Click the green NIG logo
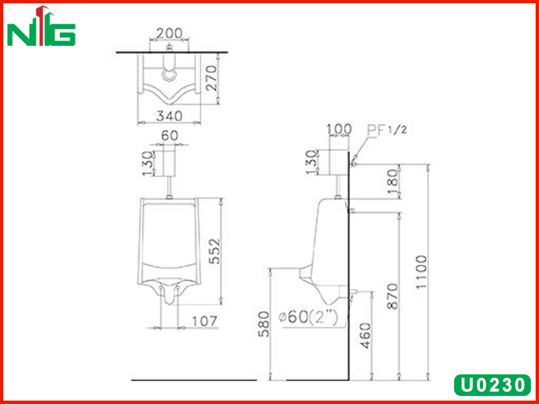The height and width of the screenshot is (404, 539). click(41, 26)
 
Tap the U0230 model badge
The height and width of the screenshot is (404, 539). click(493, 385)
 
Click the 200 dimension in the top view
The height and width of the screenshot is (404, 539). click(169, 33)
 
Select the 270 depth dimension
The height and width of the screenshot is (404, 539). click(212, 78)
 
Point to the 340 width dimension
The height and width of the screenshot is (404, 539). click(169, 116)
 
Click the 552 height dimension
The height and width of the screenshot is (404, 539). click(215, 251)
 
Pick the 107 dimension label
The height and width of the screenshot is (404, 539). click(204, 321)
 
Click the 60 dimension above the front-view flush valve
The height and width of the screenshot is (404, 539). click(170, 136)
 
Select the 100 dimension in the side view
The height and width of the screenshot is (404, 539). click(339, 129)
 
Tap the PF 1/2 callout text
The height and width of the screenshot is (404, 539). click(387, 130)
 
